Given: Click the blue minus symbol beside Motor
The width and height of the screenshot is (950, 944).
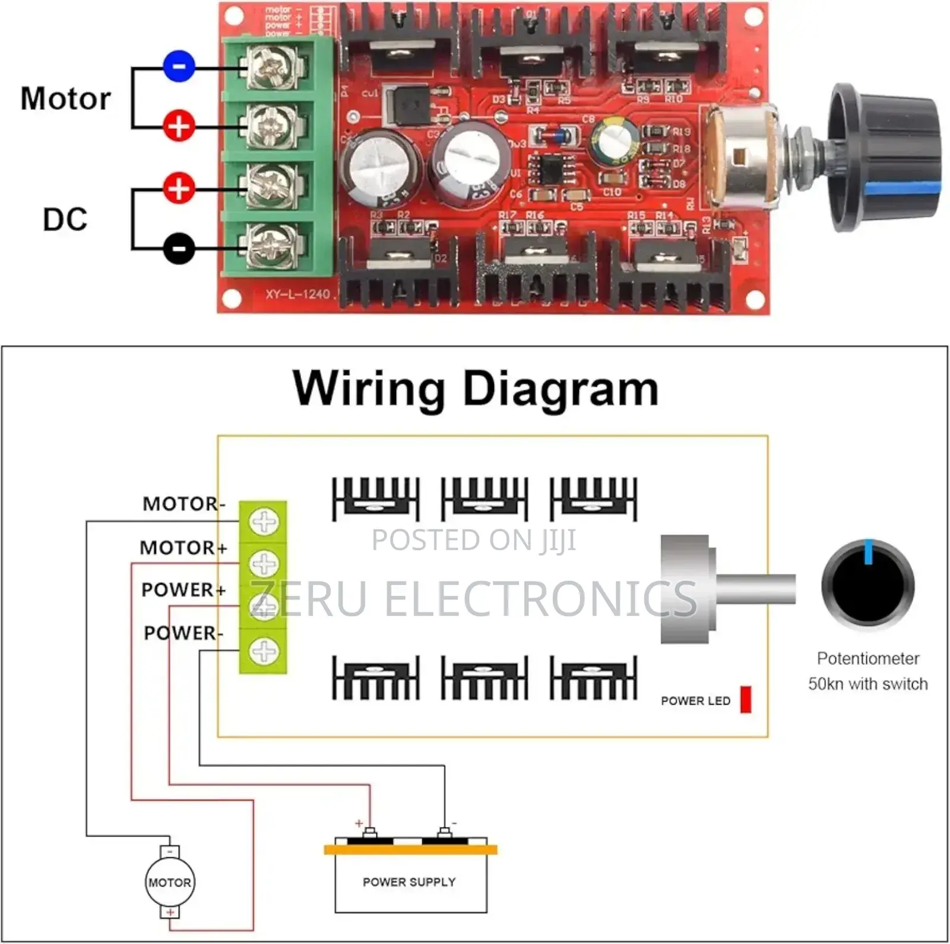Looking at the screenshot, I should coord(179,67).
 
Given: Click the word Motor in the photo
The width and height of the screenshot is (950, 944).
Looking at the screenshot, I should coord(65,99).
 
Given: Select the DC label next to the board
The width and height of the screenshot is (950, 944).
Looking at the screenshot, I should coord(65,219).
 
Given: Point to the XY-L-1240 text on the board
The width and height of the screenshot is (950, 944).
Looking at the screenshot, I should coord(297,294).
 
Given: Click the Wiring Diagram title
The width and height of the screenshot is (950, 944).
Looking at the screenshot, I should coord(475,389).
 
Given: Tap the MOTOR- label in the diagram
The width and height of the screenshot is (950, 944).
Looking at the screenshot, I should coord(183,504).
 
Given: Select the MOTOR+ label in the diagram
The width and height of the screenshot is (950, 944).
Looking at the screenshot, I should coord(183,547).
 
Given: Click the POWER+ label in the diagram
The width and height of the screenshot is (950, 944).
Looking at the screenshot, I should coord(183,590).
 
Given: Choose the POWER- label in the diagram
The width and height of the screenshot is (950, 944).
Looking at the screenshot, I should coord(183,633).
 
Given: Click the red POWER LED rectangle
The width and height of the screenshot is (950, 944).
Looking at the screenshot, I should coord(746,699).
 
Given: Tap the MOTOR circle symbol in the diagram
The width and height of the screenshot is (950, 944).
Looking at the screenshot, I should coord(170,882).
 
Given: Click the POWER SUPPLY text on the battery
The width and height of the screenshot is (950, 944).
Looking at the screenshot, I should coord(409,882).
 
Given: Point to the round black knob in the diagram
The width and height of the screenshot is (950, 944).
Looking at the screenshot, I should coord(868,585).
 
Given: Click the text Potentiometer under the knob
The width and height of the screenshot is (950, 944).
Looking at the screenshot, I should coord(867,658).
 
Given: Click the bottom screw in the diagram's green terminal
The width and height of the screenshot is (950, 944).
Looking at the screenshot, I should coord(264,651).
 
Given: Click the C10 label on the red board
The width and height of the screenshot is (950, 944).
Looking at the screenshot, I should coord(612,192).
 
